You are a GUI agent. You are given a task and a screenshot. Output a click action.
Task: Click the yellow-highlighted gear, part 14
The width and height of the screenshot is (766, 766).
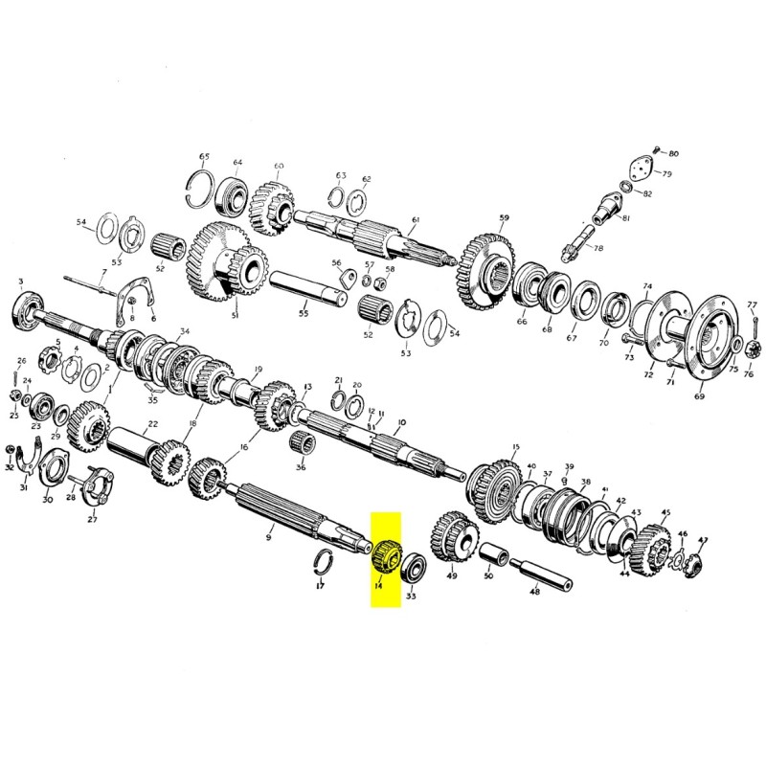[389, 555]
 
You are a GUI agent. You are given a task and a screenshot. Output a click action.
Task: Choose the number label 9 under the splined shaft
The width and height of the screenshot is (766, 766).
[269, 538]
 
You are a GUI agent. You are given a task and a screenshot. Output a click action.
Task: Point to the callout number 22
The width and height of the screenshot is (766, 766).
[152, 424]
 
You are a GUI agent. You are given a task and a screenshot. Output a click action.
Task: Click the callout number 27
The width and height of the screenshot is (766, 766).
[93, 520]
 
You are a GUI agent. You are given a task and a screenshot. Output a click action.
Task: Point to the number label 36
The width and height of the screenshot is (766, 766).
[301, 467]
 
